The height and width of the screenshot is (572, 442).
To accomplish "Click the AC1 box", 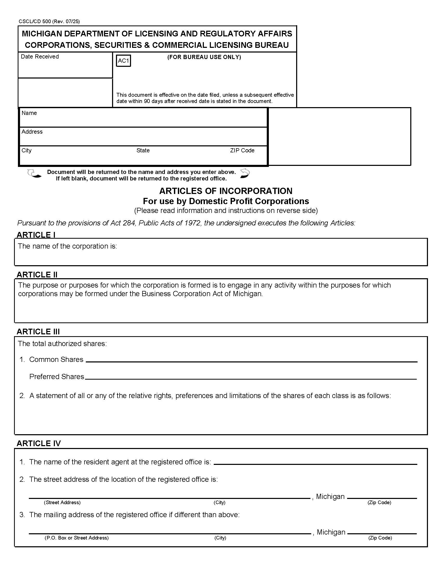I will [123, 61].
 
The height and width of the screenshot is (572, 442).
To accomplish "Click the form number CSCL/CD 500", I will [35, 22].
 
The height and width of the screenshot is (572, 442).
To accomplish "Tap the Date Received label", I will [40, 57].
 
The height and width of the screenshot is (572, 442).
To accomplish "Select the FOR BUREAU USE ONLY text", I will [204, 57].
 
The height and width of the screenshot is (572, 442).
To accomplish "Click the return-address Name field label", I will [29, 113].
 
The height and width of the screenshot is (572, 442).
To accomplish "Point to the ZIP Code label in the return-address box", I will [242, 150].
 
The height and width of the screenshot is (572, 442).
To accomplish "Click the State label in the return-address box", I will [143, 150].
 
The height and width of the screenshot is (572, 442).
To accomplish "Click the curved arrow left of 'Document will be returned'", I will [34, 174].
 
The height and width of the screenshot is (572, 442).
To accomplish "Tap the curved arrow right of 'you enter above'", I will [245, 173].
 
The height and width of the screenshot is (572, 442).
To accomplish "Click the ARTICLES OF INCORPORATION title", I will [226, 191].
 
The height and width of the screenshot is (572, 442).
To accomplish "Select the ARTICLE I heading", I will [36, 235].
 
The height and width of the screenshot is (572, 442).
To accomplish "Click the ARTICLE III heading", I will [38, 331].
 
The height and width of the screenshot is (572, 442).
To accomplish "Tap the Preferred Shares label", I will [57, 376].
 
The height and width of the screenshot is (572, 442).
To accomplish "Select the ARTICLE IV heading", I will [39, 443].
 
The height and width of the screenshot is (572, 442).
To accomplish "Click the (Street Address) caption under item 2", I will [62, 502].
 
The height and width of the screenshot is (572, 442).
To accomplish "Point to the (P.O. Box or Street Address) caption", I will [76, 538].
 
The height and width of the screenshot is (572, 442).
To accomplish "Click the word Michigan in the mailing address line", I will [331, 532].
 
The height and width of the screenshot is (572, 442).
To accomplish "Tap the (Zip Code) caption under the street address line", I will [379, 502].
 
